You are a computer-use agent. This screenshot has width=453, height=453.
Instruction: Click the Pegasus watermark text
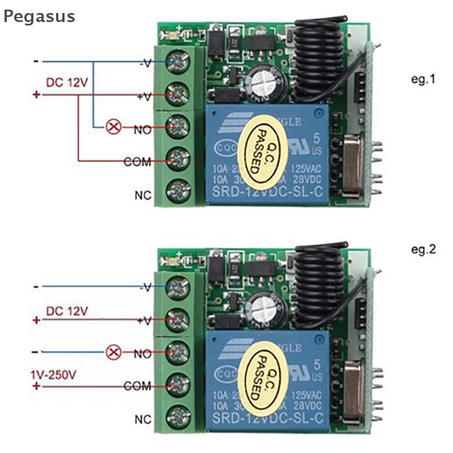[x=39, y=16]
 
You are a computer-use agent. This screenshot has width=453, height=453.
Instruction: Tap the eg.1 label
[x=423, y=79]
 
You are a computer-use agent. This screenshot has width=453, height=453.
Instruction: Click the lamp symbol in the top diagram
[x=114, y=127]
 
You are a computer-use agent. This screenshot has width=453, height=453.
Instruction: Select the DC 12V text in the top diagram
[x=67, y=83]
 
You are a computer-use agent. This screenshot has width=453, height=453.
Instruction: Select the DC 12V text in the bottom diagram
[x=67, y=310]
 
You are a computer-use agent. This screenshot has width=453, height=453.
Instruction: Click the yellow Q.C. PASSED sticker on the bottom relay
[x=260, y=377]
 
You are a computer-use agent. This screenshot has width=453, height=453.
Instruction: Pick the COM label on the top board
[x=138, y=162]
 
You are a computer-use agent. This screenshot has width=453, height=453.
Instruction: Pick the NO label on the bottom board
[x=143, y=354]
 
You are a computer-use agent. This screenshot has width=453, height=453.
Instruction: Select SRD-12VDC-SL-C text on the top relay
[x=267, y=195]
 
